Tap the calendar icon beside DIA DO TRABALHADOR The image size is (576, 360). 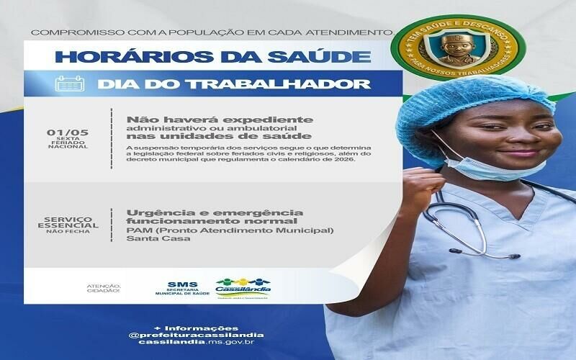coord(68,84)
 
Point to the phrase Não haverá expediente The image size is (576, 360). coord(220,119)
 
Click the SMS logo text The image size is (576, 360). coord(176,284)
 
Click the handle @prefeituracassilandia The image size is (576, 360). coord(196,334)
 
